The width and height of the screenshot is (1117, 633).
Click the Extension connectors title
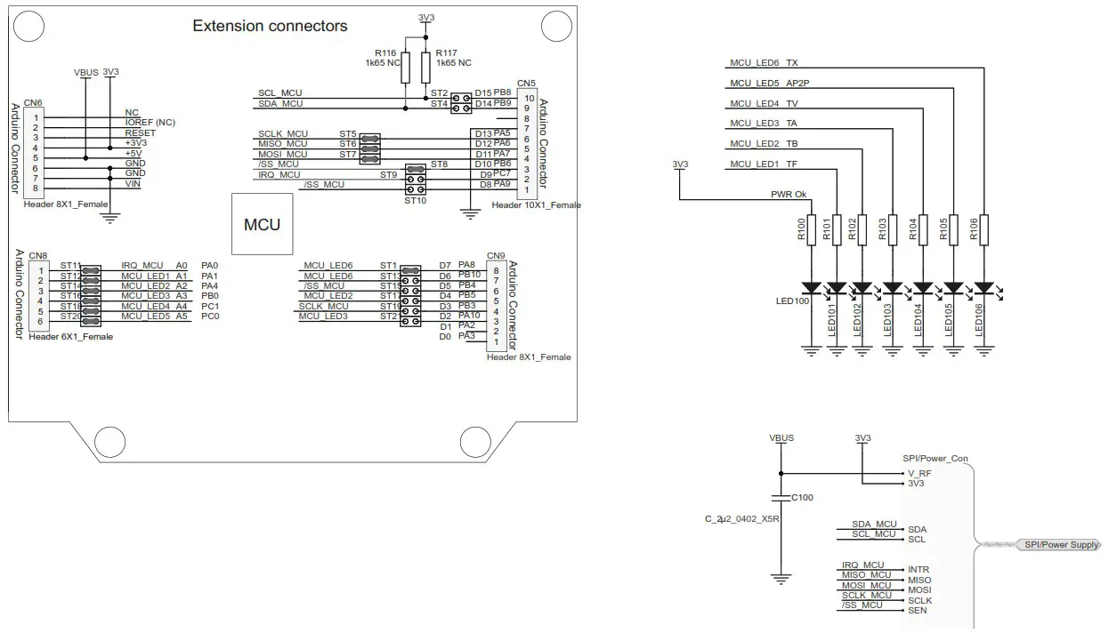click(x=270, y=26)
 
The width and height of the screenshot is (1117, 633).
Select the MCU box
click(x=262, y=225)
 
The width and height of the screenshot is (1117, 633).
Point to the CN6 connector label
click(x=33, y=102)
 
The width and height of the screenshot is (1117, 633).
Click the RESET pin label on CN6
click(x=140, y=132)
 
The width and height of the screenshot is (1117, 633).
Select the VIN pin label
click(x=133, y=184)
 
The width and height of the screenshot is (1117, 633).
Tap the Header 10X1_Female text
click(x=536, y=205)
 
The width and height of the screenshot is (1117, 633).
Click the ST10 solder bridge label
click(x=415, y=201)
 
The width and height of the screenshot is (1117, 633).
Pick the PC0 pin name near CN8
click(x=210, y=316)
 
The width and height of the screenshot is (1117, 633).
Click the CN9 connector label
click(x=496, y=255)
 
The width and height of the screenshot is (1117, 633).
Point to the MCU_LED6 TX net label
click(x=764, y=63)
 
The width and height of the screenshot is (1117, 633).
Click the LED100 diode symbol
click(x=811, y=288)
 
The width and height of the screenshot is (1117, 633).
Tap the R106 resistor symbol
click(x=983, y=231)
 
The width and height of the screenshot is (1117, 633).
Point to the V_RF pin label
click(x=919, y=474)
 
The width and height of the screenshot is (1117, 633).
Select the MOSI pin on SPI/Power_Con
click(x=919, y=589)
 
